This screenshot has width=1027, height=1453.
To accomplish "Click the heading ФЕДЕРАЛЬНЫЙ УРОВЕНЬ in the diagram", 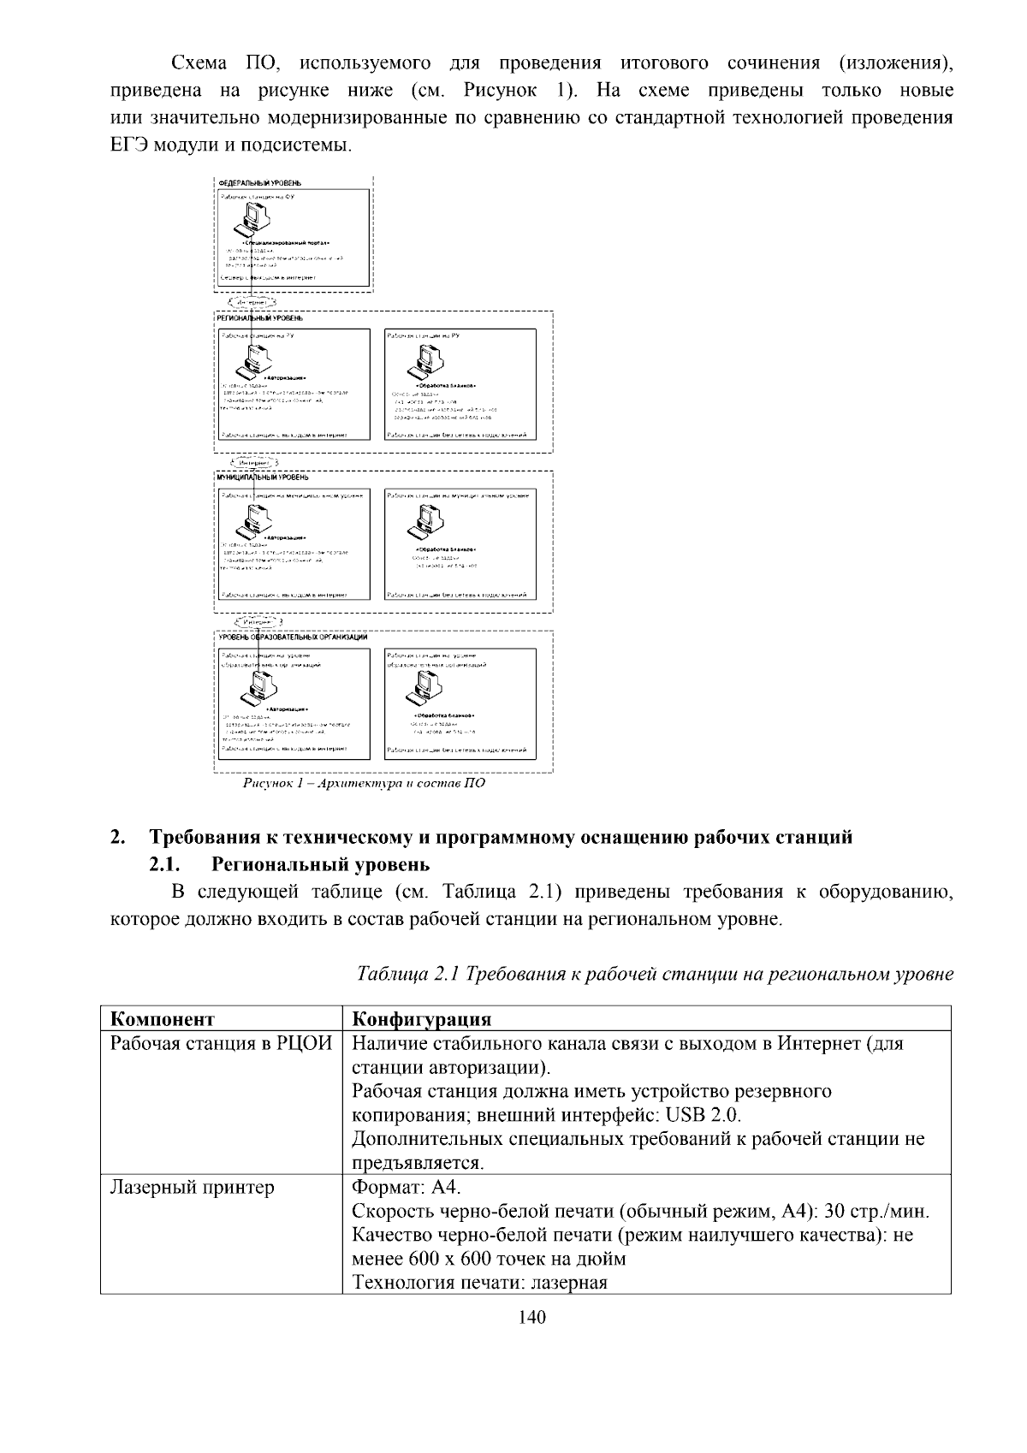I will point(259,183).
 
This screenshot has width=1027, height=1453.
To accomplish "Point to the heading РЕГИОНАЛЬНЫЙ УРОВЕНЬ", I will point(261,318).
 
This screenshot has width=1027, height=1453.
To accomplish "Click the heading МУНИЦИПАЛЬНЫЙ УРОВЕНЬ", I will point(263,477).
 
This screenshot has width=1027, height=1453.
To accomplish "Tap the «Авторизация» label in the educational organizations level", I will point(287,709).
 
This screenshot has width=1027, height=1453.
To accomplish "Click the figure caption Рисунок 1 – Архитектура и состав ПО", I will point(365,783).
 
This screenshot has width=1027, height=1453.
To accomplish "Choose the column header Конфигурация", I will point(422,1018).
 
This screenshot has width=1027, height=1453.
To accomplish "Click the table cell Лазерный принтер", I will point(193,1187).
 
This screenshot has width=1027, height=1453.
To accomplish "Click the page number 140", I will point(531,1317).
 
